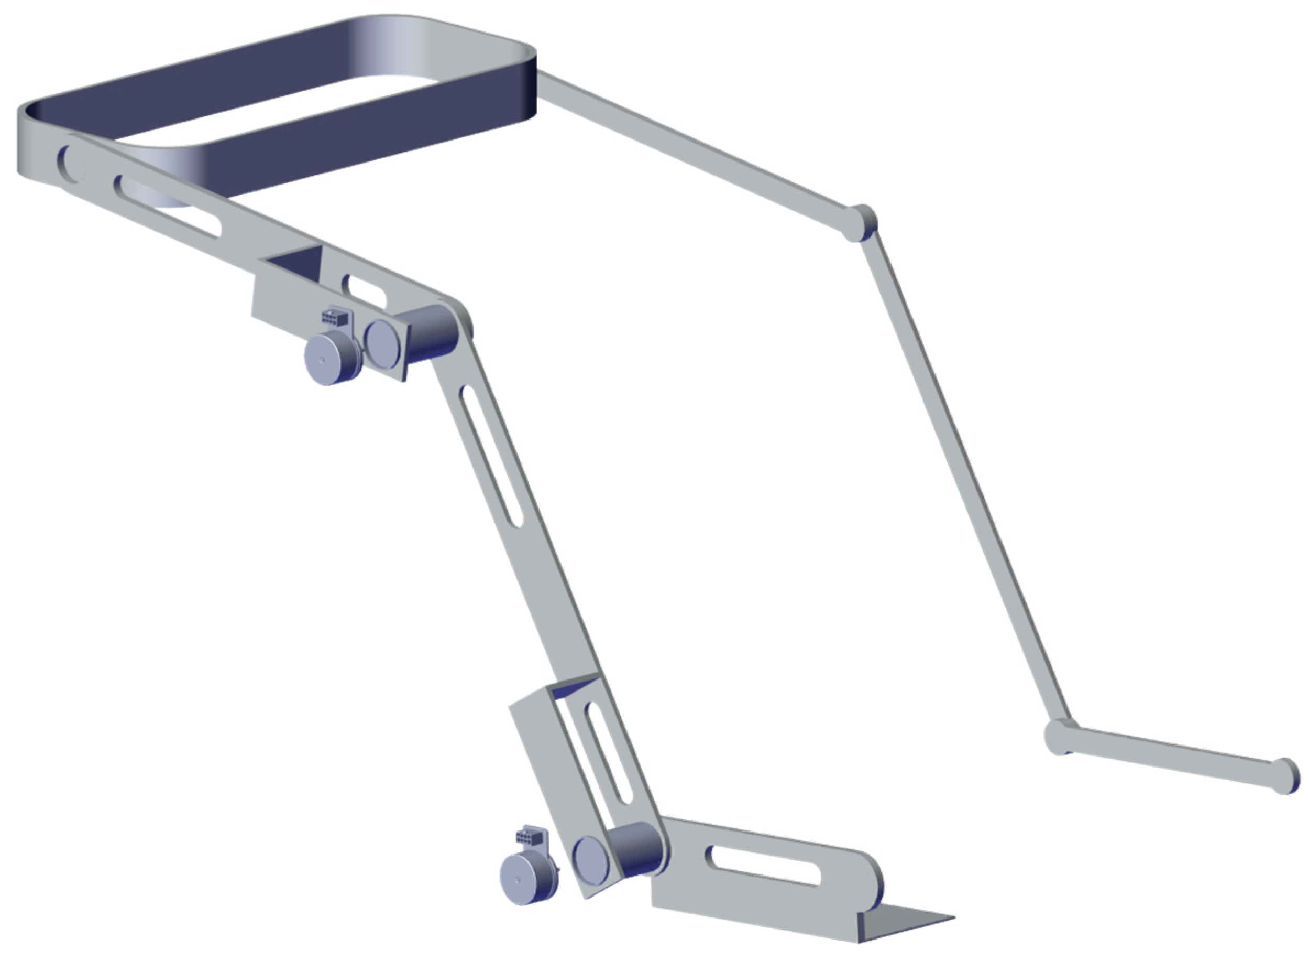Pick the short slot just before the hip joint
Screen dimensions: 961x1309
tap(365, 292)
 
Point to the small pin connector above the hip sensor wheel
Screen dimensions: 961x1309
tap(335, 317)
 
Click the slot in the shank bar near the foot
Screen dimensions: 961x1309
tap(763, 865)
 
